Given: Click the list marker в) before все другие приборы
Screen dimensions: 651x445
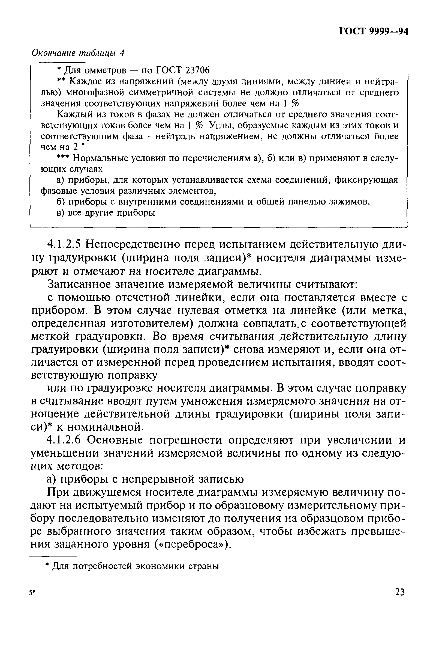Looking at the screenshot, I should point(61,213).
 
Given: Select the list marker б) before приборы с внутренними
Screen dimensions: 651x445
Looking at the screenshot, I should point(61,202).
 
